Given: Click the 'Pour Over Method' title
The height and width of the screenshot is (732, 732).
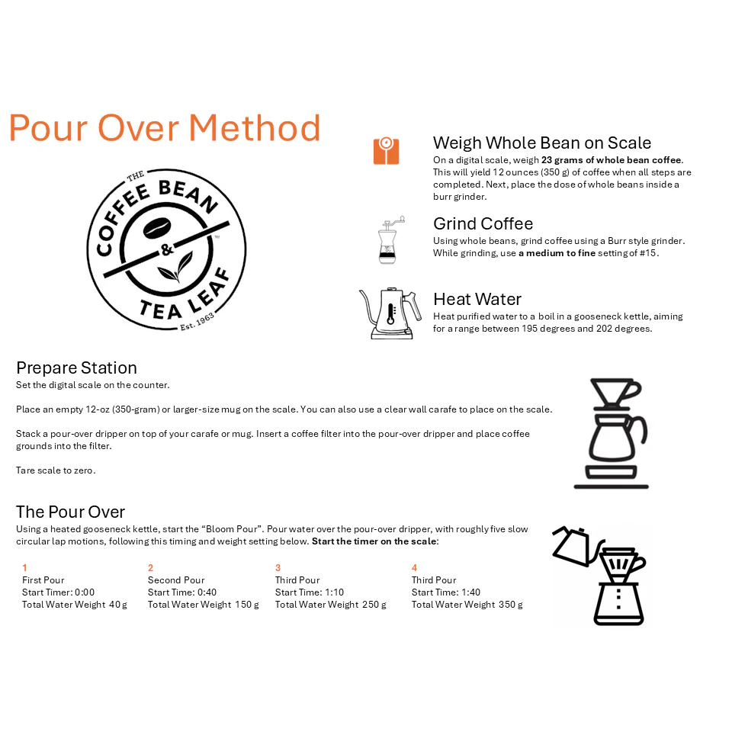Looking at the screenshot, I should (x=164, y=128).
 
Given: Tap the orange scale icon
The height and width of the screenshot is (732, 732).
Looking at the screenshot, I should (x=386, y=151).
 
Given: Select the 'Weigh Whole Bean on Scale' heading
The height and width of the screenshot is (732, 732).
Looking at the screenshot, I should (x=541, y=143).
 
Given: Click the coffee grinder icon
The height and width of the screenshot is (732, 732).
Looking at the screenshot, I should (x=391, y=240).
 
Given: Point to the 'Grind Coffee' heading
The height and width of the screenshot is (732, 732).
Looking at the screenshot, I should (x=483, y=223).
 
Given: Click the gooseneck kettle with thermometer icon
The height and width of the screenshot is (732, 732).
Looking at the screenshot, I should (x=390, y=313).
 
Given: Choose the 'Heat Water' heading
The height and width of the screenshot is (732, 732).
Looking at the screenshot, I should (x=477, y=299).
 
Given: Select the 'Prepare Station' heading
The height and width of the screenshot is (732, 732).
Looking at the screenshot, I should (x=76, y=368).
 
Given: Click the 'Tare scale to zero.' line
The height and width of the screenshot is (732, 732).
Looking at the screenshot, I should (x=56, y=470).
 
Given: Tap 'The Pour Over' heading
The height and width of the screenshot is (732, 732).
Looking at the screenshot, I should (x=70, y=512).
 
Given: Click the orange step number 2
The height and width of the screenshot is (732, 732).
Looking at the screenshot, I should (x=151, y=568).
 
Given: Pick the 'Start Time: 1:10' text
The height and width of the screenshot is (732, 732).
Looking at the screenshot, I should (x=310, y=592).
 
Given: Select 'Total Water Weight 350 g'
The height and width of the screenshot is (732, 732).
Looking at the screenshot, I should (x=467, y=605).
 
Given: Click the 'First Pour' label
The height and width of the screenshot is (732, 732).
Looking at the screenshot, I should (x=43, y=580).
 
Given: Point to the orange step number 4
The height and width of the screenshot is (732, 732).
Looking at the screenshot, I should (x=415, y=568).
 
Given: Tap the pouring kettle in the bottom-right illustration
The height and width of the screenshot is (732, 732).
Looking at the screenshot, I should (x=575, y=546).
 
